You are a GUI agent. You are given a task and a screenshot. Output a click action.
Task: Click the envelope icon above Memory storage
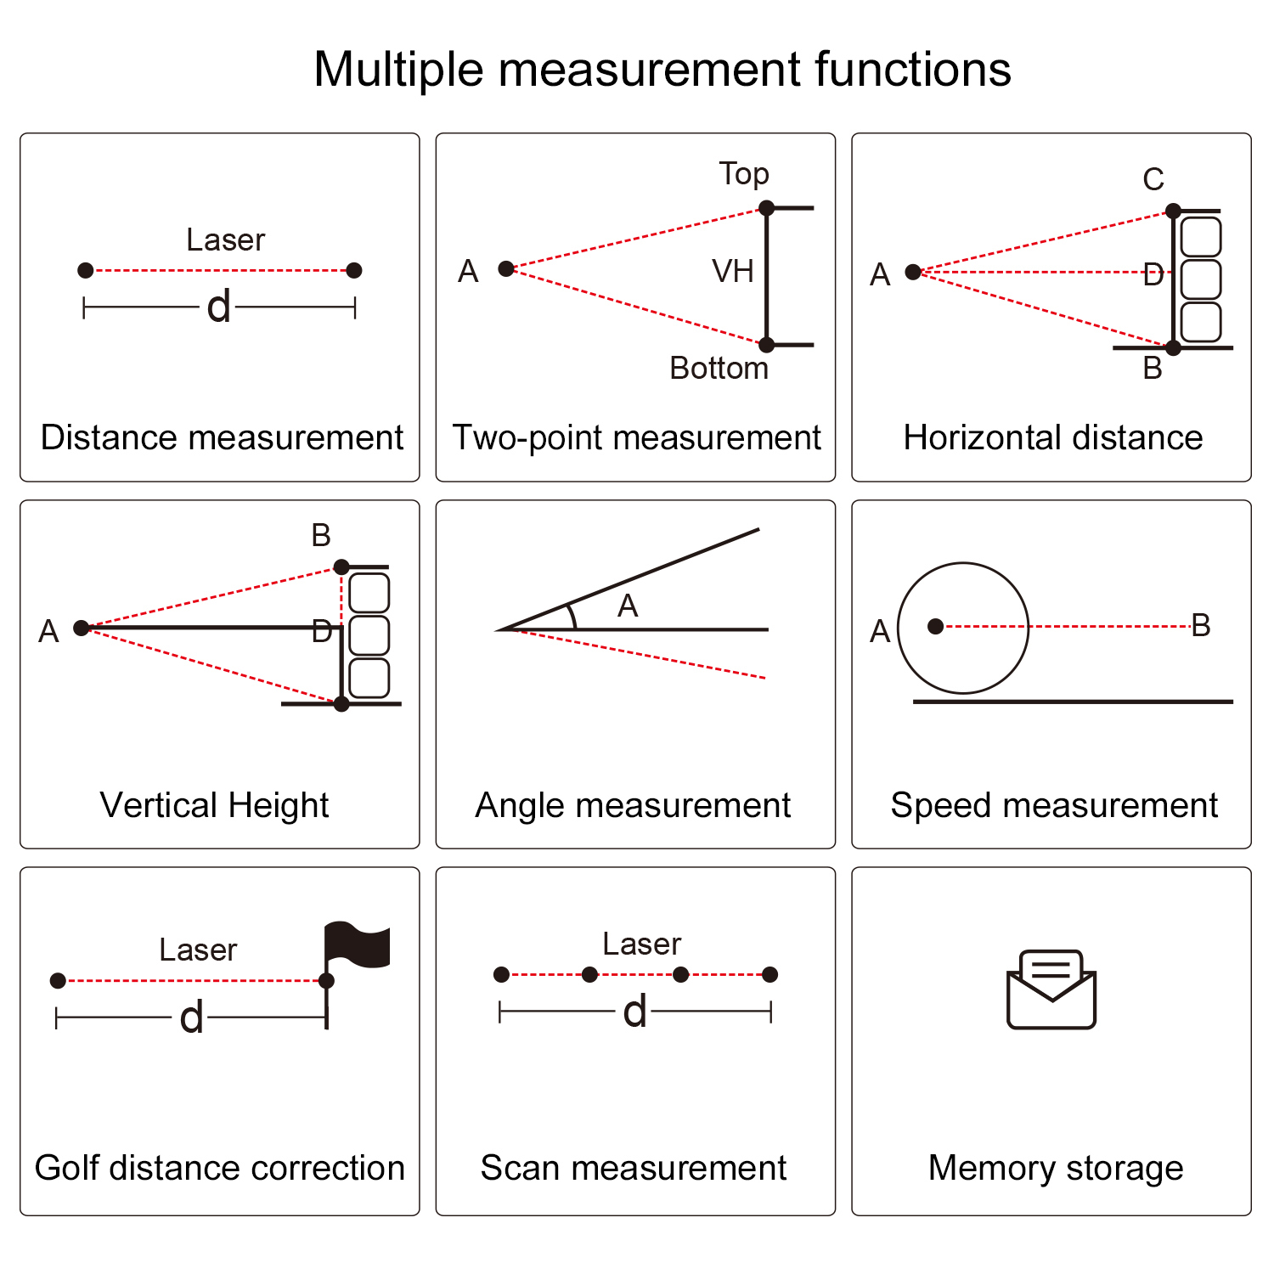[x=1051, y=989]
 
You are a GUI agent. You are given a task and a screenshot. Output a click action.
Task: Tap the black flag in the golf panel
[x=357, y=944]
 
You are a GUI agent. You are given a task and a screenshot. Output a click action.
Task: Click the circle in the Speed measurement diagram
[x=963, y=628]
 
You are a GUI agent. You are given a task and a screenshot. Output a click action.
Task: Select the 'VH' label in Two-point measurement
[x=733, y=272]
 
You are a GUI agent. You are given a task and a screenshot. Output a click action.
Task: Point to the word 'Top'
[x=744, y=174]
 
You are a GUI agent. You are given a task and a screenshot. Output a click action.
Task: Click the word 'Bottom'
[x=719, y=369]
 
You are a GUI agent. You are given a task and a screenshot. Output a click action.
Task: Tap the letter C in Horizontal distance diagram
[x=1153, y=180]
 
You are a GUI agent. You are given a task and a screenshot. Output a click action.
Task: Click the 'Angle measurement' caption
[x=633, y=805]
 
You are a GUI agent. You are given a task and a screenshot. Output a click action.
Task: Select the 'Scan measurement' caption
[x=634, y=1168]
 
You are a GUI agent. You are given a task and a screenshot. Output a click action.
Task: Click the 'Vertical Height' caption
[x=214, y=805]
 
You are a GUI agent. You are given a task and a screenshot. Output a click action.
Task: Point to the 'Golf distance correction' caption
[x=220, y=1168]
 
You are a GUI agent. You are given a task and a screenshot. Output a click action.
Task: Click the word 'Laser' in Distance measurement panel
[x=226, y=240]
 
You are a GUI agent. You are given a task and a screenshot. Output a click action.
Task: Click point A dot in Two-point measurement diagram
[x=506, y=269]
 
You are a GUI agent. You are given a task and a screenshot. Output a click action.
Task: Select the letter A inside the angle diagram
[x=628, y=606]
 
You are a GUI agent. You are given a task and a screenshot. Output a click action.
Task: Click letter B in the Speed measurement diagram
[x=1201, y=626]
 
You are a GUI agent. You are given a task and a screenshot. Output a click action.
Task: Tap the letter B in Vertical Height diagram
[x=321, y=536]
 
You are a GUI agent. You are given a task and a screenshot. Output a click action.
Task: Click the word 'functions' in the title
[x=913, y=70]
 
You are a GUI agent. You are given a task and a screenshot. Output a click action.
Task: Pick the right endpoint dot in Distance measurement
[x=354, y=271]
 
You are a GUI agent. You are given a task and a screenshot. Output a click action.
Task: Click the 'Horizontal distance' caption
[x=1053, y=438]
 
